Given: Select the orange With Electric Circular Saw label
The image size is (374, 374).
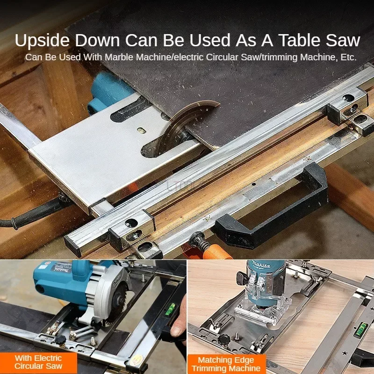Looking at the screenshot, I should (x=38, y=361).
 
